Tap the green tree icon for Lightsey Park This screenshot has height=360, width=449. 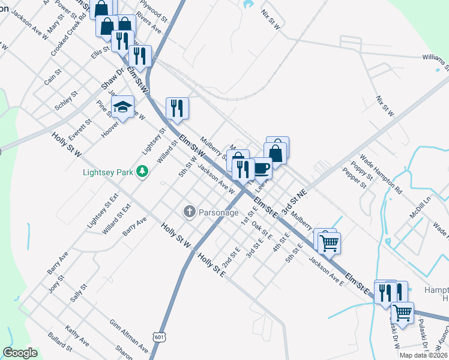pos(142,172)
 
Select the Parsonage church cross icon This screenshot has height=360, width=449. pos(189,211)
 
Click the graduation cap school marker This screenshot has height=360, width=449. pos(123,107)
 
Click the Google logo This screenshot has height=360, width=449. pos(20,353)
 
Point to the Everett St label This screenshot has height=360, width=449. pos(79,128)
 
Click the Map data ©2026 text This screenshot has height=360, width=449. pos(424,355)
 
